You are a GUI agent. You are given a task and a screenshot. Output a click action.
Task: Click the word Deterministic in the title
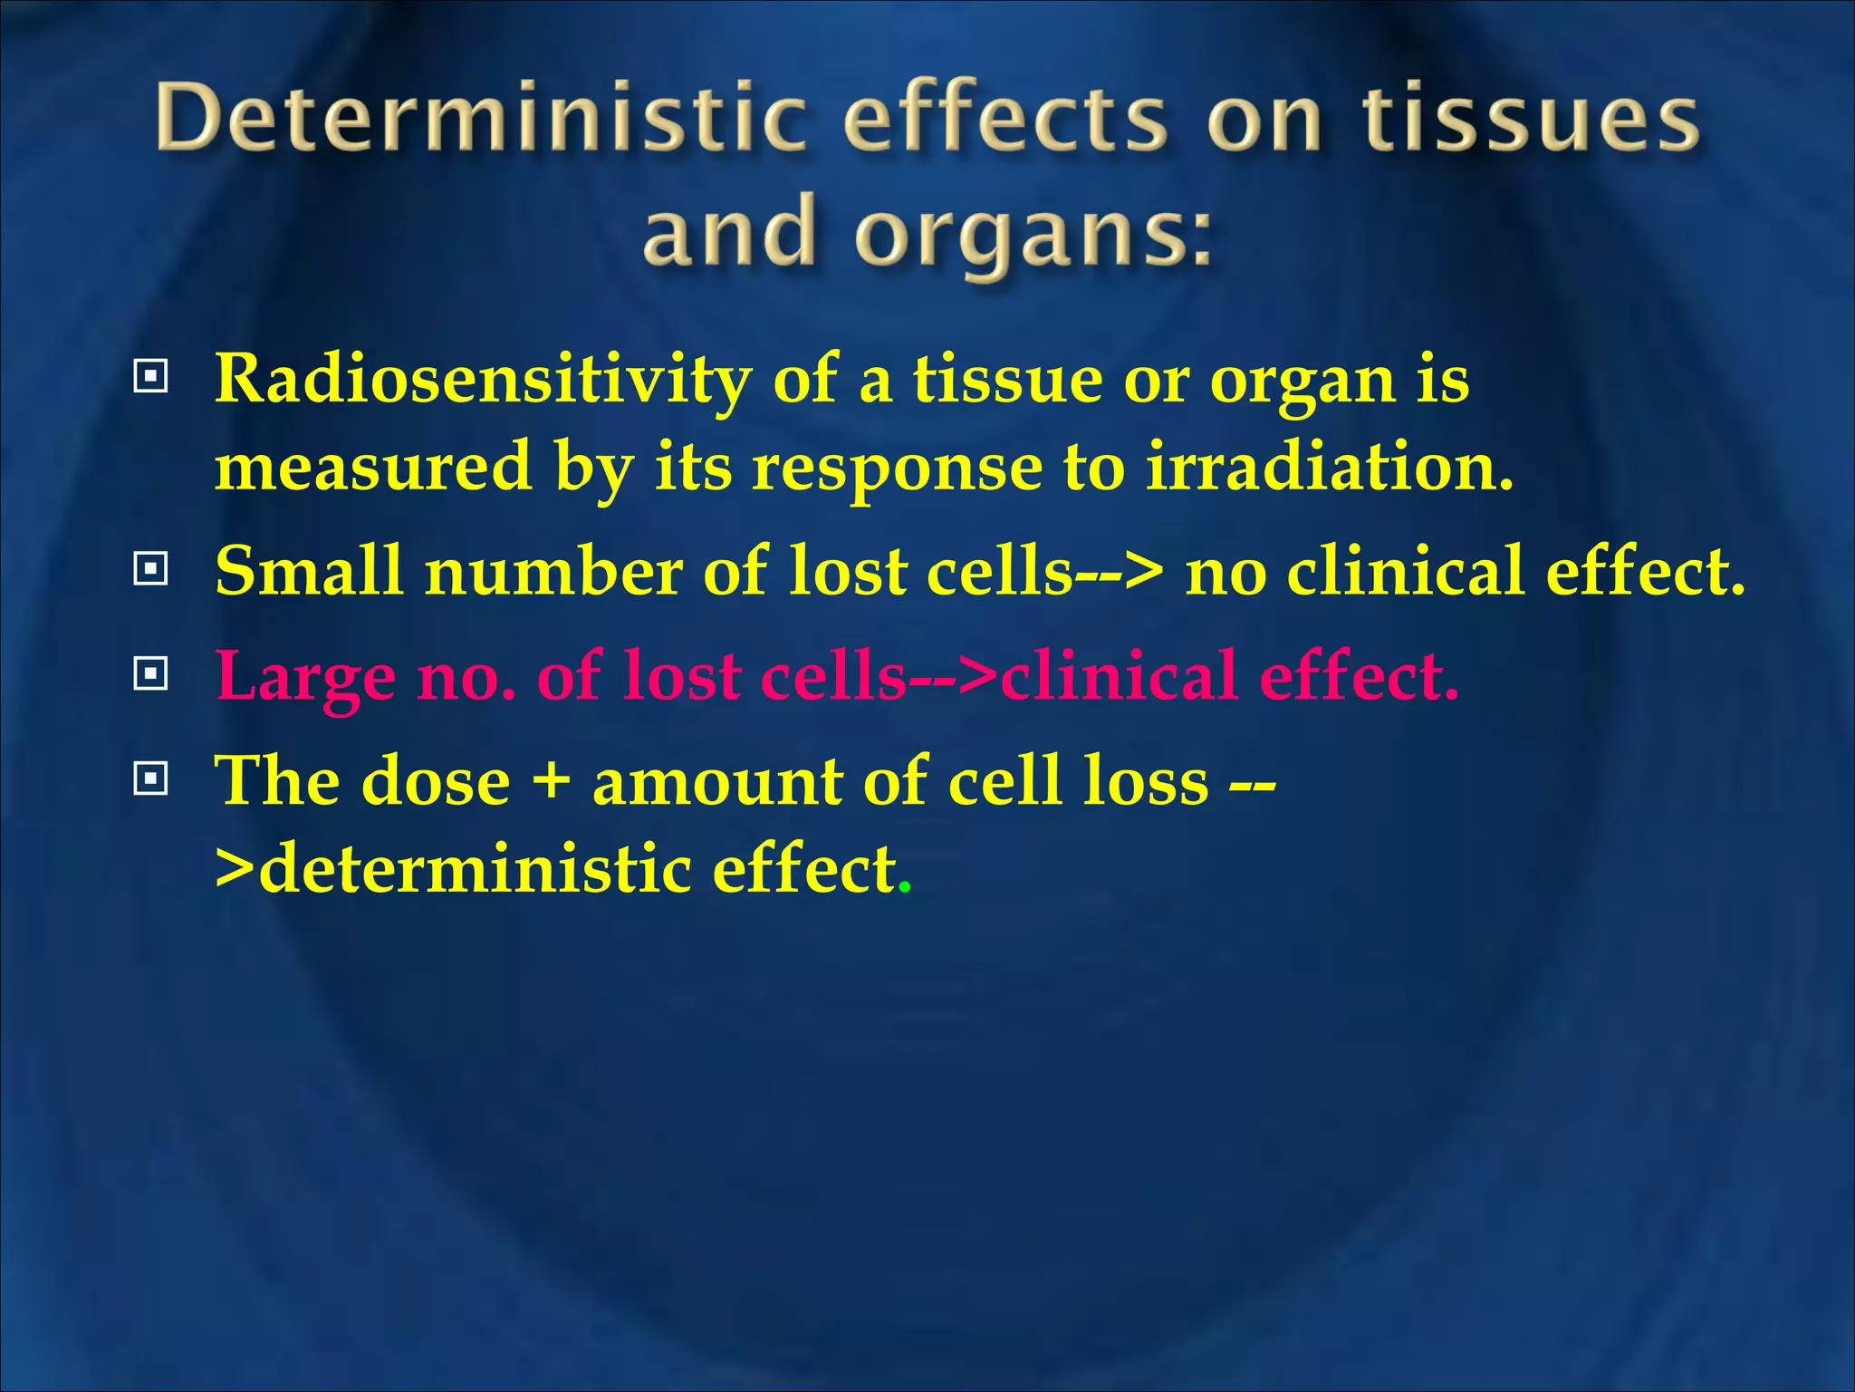pyautogui.click(x=480, y=118)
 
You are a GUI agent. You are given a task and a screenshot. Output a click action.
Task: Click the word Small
pyautogui.click(x=308, y=572)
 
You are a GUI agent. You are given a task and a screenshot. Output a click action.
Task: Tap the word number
pyautogui.click(x=553, y=572)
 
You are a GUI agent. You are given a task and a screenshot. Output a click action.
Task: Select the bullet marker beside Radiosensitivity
pyautogui.click(x=150, y=375)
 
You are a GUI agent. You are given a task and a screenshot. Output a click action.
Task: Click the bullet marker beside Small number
pyautogui.click(x=150, y=569)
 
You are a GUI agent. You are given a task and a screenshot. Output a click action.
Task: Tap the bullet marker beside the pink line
pyautogui.click(x=150, y=673)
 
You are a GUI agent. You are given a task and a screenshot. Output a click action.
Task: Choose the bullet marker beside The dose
pyautogui.click(x=150, y=778)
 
